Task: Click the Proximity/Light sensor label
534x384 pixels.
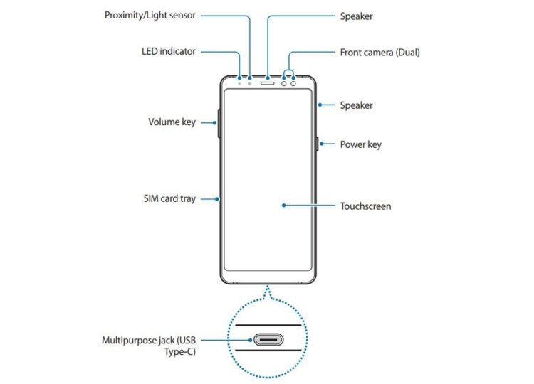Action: [x=150, y=16]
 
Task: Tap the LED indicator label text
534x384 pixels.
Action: [x=169, y=51]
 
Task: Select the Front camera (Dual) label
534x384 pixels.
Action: [x=379, y=53]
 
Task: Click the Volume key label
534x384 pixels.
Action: [x=172, y=122]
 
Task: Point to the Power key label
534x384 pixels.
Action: [x=361, y=144]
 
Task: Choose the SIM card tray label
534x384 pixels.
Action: [x=169, y=198]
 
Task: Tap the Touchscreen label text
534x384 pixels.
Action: [x=365, y=206]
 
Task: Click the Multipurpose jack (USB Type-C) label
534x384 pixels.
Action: [x=149, y=346]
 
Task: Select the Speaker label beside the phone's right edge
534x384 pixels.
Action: [x=356, y=105]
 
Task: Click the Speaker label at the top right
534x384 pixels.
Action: [x=356, y=16]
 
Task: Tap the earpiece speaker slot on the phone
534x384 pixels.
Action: [x=267, y=83]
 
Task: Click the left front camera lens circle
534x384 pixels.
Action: [x=283, y=83]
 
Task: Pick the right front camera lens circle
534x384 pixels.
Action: [x=293, y=83]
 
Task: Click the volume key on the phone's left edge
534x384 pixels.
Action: [x=219, y=124]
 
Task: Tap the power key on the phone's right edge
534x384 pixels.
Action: [x=317, y=144]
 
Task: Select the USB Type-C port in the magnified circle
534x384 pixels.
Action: [x=268, y=339]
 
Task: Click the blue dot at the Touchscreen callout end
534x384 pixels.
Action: [x=283, y=206]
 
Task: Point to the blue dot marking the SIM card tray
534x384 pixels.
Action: [x=217, y=199]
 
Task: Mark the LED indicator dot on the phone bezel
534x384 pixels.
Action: [x=239, y=84]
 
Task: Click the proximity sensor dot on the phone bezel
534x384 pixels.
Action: [x=250, y=84]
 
